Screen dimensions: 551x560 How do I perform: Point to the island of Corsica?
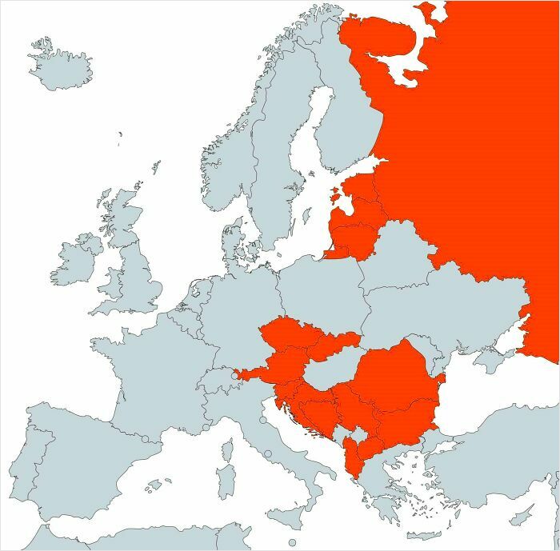[226, 448]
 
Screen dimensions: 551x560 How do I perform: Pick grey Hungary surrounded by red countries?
[328, 371]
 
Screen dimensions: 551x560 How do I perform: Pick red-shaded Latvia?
[357, 217]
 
